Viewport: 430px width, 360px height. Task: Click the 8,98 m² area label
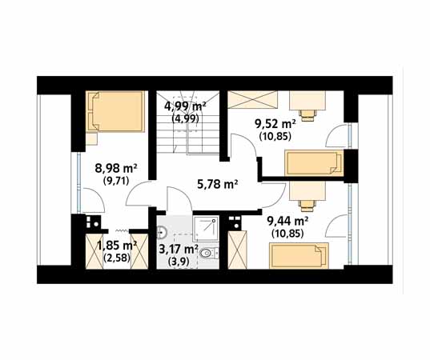coord(116,168)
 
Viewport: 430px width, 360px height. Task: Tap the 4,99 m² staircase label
coord(185,106)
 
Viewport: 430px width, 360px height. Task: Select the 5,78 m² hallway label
coord(217,184)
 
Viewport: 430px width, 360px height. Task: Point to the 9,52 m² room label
coord(275,124)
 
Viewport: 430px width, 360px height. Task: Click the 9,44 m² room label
coord(287,221)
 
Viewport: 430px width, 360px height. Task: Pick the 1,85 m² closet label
coord(117,246)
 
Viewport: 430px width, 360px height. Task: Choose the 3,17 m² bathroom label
coord(179,250)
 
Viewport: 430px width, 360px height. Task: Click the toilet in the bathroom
coord(209,253)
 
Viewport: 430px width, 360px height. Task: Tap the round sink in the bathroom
coord(162,233)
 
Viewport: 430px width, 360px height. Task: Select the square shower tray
coord(206,229)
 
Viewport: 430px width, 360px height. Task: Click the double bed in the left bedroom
coord(115,111)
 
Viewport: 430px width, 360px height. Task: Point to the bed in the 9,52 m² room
coord(314,162)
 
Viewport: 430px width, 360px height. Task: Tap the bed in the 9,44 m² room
coord(299,255)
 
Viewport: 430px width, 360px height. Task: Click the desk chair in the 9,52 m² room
coord(307,115)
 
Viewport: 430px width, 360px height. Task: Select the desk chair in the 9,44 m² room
coord(307,206)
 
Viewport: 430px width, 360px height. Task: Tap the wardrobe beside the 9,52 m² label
coord(252,100)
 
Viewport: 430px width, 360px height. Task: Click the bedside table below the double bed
coord(91,138)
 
